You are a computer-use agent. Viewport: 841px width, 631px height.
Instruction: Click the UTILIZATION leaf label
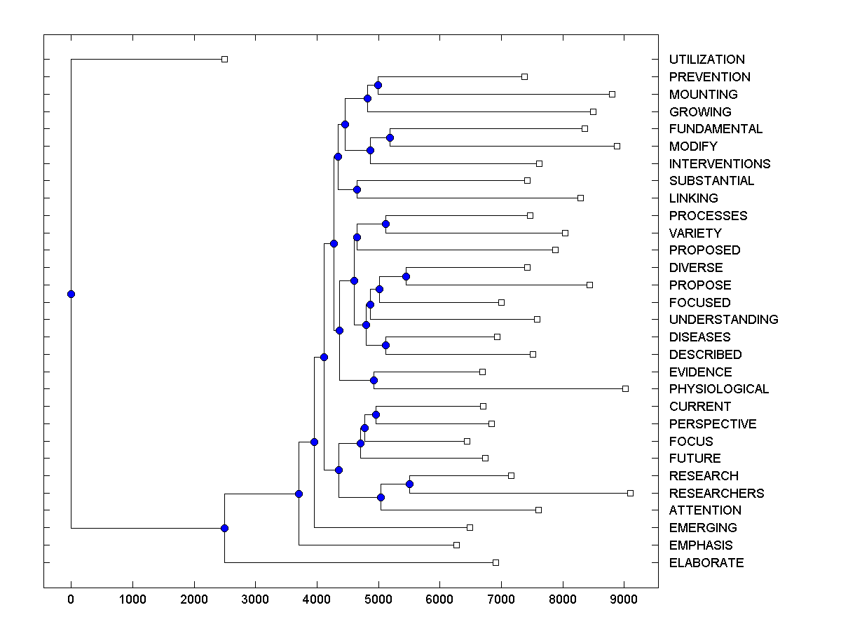pos(706,60)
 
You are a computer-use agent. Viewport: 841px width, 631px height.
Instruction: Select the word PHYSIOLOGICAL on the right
pos(718,389)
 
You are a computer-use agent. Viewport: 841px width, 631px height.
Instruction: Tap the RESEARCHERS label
pos(716,494)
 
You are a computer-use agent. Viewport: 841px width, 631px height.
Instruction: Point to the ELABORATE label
pos(706,563)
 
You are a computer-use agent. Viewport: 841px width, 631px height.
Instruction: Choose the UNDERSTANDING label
pos(723,320)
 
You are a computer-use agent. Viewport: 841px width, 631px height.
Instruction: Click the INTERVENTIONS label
pos(719,164)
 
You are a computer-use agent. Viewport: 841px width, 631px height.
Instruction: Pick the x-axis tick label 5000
pos(378,600)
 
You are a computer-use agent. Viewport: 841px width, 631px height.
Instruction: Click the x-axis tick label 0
pos(71,600)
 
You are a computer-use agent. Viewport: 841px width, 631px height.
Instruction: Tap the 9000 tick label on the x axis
pos(624,600)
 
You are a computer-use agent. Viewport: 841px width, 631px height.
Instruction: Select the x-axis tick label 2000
pos(194,600)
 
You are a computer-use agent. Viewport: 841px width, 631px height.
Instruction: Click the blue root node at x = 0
pos(71,294)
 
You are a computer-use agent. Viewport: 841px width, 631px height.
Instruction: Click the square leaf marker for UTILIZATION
pos(224,59)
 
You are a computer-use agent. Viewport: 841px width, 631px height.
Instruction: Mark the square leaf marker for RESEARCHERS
pos(630,493)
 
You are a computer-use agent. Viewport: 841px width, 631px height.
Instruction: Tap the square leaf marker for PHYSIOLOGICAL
pos(626,388)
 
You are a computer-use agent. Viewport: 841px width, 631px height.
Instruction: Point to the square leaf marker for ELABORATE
pos(495,562)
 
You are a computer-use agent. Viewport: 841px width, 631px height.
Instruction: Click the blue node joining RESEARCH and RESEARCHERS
pos(410,484)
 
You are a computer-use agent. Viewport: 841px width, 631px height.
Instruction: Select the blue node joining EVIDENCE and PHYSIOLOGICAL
pos(374,380)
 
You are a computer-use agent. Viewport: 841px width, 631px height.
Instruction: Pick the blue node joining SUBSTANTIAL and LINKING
pos(357,189)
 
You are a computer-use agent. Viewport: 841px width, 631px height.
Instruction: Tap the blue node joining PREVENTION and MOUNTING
pos(378,85)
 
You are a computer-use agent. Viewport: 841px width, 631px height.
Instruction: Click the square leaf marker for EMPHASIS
pos(456,545)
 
